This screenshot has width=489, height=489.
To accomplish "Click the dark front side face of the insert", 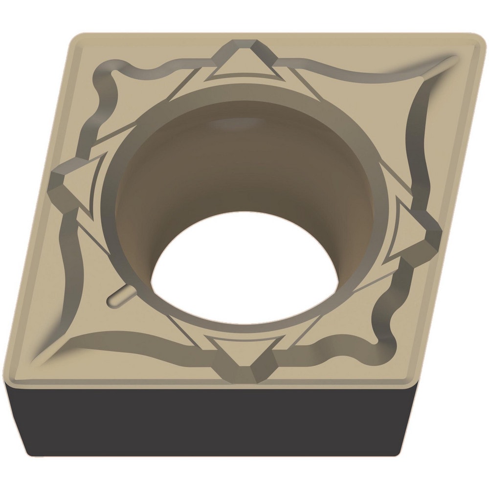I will pos(220,421).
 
